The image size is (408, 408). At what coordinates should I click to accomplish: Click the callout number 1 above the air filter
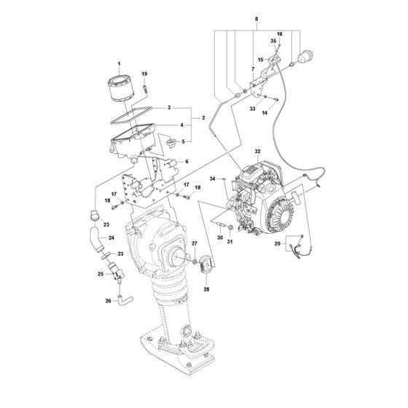(x=119, y=64)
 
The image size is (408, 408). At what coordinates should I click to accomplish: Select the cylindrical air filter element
(x=121, y=87)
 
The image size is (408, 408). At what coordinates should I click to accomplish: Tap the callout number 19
(x=144, y=74)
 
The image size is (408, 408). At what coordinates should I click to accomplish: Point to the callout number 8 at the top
(x=256, y=19)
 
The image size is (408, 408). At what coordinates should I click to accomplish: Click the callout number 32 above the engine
(x=258, y=152)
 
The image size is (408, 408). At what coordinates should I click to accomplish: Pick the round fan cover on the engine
(x=280, y=215)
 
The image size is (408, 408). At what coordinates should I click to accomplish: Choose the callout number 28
(x=206, y=289)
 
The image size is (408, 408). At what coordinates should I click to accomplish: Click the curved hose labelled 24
(x=96, y=239)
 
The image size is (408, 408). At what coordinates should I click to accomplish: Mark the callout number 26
(x=109, y=301)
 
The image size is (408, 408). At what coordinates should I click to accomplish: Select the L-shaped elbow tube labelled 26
(x=125, y=300)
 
